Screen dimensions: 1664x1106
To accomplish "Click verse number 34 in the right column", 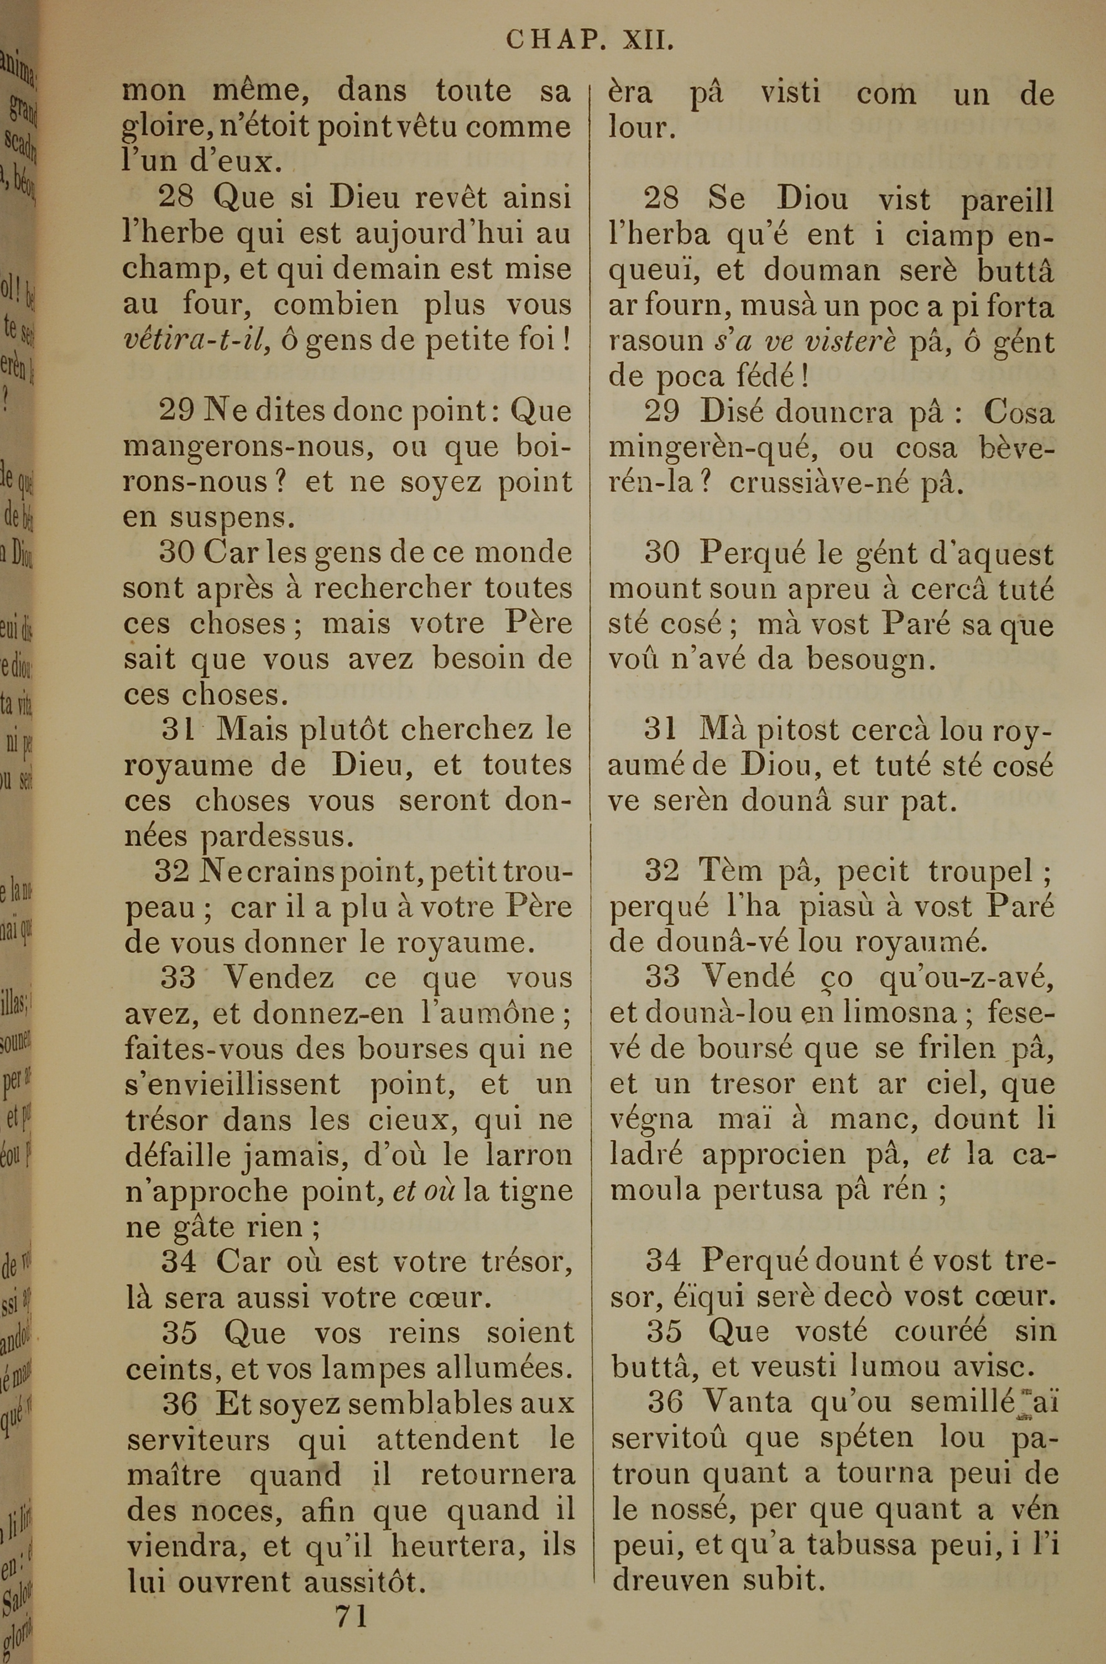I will [x=664, y=1261].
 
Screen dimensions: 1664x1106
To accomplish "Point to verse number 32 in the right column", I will [x=661, y=872].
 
